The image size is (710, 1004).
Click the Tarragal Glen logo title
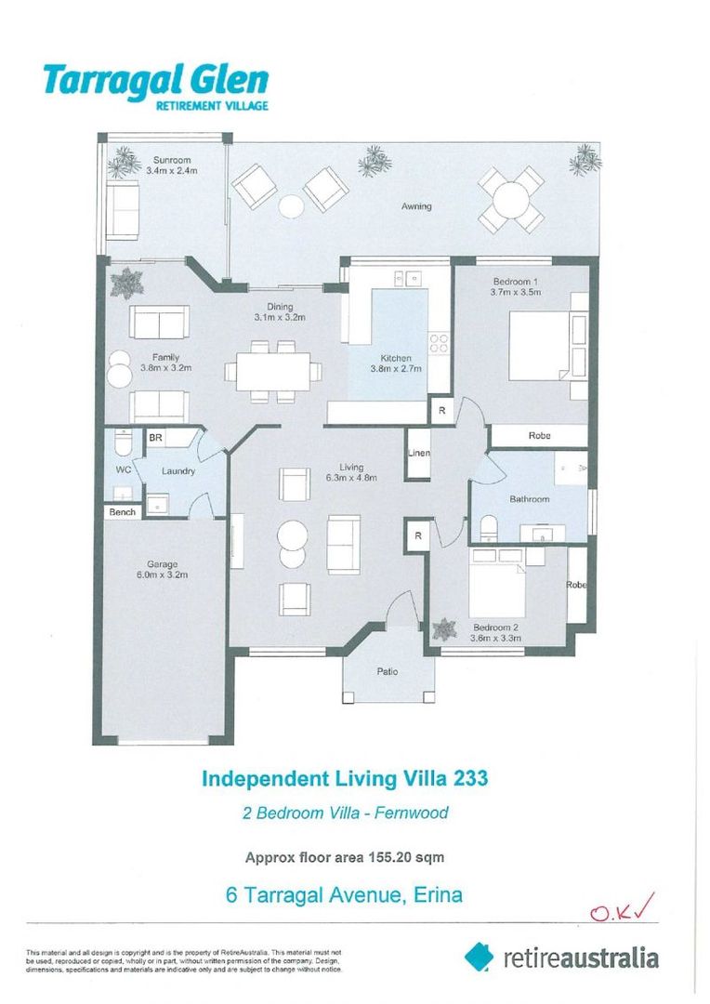[155, 81]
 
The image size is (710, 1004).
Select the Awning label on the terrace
[415, 206]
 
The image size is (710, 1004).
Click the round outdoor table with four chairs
[510, 200]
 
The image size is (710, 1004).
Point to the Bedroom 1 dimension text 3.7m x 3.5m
[516, 292]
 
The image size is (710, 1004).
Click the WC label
[123, 469]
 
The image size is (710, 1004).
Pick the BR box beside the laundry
[155, 438]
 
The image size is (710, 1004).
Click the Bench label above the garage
[122, 512]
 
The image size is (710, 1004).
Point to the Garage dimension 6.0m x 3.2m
[167, 575]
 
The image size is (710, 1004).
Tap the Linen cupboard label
[418, 454]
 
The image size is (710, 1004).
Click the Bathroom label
[529, 499]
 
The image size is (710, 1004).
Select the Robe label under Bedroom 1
[539, 435]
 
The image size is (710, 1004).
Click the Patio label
[388, 671]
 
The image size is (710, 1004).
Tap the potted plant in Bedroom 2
[444, 629]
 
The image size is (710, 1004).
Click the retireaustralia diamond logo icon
[480, 957]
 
